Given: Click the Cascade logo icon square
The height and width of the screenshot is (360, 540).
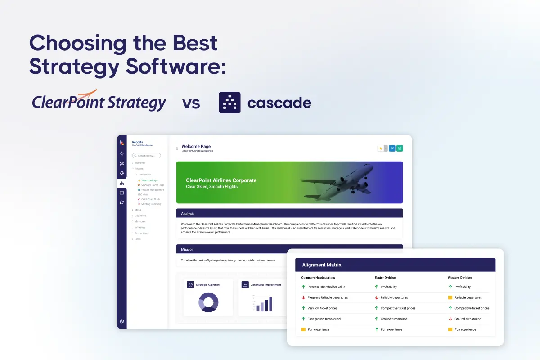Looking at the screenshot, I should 229,103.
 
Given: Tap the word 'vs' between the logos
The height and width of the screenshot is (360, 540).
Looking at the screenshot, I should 191,103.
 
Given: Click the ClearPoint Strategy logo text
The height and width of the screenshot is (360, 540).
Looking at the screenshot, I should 99,102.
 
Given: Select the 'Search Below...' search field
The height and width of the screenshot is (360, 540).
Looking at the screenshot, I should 147,156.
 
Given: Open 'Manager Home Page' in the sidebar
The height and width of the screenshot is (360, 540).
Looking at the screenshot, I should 153,185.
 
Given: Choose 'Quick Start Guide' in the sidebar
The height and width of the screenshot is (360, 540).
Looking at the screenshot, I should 151,199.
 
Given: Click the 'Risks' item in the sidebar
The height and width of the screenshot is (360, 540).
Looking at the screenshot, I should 138,239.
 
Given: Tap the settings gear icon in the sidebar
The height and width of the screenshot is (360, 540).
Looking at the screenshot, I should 122,321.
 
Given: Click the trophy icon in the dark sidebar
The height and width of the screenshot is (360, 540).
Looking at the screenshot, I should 122,174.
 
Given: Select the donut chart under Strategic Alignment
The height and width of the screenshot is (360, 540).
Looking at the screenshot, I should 208,302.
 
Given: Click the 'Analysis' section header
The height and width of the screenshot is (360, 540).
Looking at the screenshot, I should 188,213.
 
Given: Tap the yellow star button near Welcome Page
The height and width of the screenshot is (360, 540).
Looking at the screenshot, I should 381,148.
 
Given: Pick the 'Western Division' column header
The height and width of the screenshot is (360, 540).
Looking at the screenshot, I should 459,278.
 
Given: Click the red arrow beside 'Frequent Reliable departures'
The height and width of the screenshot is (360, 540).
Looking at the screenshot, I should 303,297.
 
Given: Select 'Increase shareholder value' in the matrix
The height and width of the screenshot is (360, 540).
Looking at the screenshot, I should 326,287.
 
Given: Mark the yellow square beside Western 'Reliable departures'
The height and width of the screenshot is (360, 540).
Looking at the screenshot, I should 450,297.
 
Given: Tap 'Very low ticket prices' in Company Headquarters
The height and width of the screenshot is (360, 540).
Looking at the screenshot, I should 322,308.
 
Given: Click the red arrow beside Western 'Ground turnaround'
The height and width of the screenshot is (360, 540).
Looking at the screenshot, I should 450,319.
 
